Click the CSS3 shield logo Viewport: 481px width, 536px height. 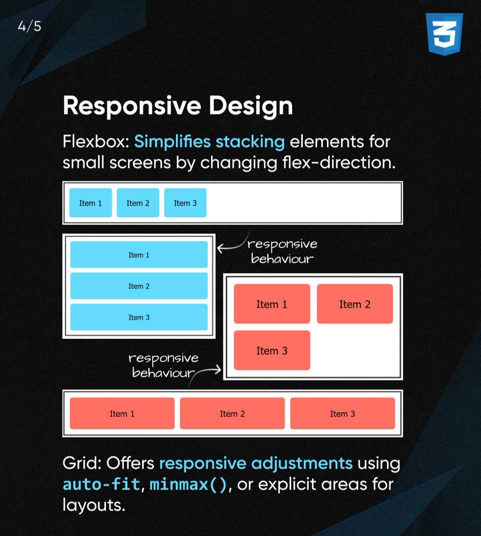[x=444, y=34]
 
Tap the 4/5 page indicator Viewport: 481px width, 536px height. [x=29, y=26]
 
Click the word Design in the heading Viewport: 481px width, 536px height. [x=251, y=106]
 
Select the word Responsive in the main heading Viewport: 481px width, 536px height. [x=132, y=106]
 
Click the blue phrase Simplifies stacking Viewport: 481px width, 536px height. [x=209, y=142]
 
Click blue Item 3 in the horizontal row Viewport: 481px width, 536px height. [x=185, y=203]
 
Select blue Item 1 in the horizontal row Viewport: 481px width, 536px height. [x=90, y=203]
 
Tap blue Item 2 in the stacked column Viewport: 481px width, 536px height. [x=139, y=286]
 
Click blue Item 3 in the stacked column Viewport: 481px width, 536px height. [x=139, y=317]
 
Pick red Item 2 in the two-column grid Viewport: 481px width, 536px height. [x=355, y=304]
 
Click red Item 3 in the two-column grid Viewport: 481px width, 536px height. [x=272, y=351]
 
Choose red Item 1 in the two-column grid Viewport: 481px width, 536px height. [x=272, y=304]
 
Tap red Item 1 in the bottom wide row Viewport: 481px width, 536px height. [x=122, y=414]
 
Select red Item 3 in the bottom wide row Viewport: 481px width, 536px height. [x=342, y=414]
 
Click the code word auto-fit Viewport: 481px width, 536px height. [x=101, y=484]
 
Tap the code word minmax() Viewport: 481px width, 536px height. [x=188, y=484]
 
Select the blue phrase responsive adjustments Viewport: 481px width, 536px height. [x=255, y=463]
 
